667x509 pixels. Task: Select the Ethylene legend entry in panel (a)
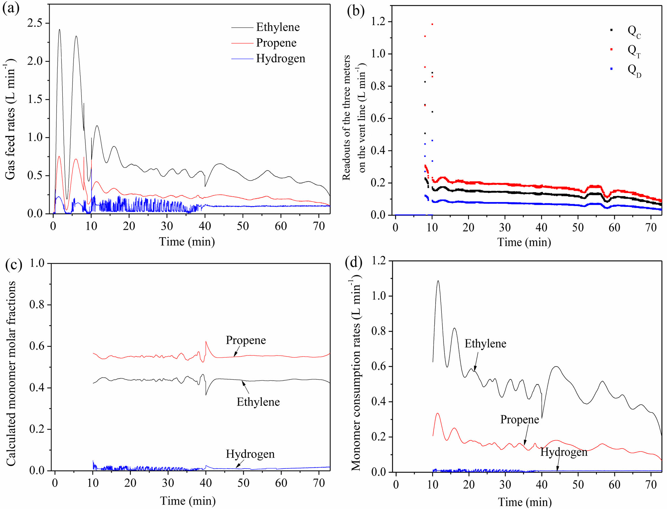coord(277,27)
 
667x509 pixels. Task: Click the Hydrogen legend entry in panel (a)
coord(280,59)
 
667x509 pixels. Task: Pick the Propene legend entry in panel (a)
coord(276,43)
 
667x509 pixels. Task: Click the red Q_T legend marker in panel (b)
coord(611,49)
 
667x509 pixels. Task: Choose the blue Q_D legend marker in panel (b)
coord(611,69)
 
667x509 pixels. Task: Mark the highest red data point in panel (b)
coord(432,24)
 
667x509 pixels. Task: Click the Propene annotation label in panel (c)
coord(245,340)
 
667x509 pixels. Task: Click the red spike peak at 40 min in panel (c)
coord(206,342)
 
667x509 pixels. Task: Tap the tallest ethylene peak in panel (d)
coord(438,281)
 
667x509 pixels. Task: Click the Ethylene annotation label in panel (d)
coord(485,344)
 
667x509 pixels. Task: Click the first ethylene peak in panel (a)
coord(59,30)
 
